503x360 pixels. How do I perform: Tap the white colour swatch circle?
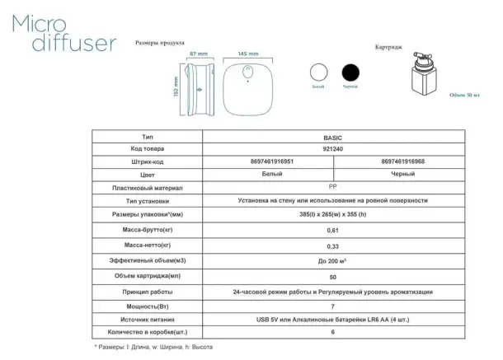point(317,72)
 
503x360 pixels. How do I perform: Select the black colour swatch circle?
point(352,72)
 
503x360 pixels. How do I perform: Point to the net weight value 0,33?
point(332,246)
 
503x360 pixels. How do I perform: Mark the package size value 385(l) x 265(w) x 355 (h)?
point(332,214)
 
